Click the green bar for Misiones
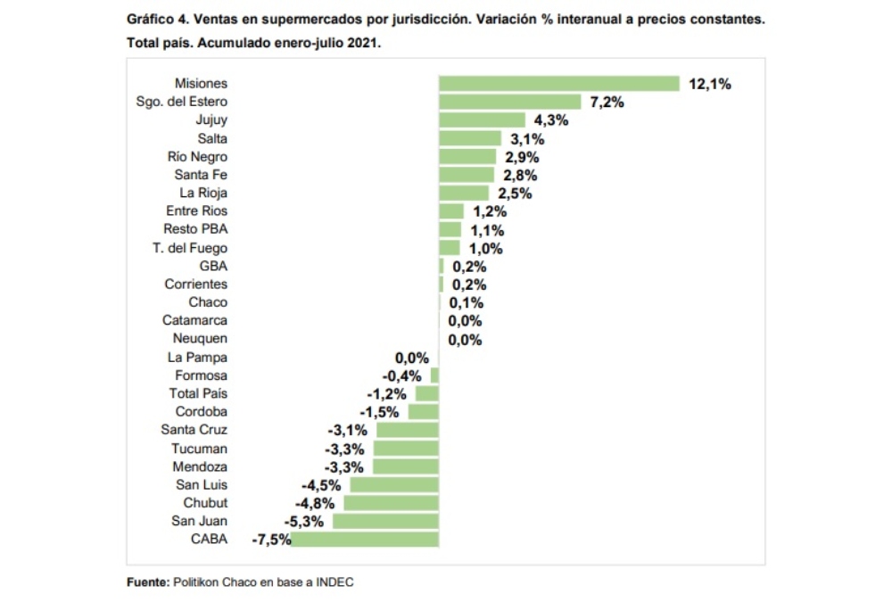pyautogui.click(x=559, y=84)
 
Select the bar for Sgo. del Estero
pyautogui.click(x=510, y=102)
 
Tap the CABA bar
pyautogui.click(x=365, y=539)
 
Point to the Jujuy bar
pyautogui.click(x=482, y=120)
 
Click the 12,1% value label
pyautogui.click(x=710, y=84)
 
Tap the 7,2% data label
pyautogui.click(x=607, y=102)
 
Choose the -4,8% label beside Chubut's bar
pyautogui.click(x=315, y=503)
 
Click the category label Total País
pyautogui.click(x=198, y=393)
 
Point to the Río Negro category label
pyautogui.click(x=197, y=157)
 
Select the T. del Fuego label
pyautogui.click(x=189, y=248)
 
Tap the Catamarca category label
pyautogui.click(x=194, y=320)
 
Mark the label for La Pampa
pyautogui.click(x=197, y=357)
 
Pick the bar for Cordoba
pyautogui.click(x=424, y=412)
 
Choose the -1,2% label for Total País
pyautogui.click(x=386, y=393)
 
